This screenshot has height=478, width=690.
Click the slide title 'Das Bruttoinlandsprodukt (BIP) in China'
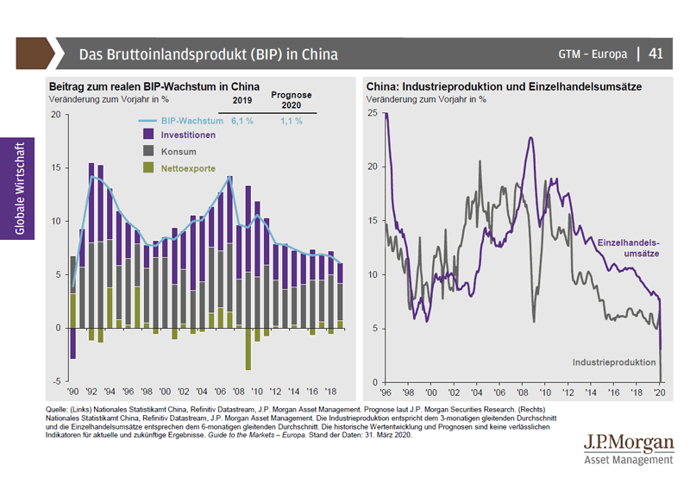pos(208,54)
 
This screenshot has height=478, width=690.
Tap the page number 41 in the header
pos(655,53)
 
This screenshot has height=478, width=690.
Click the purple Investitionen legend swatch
pos(147,135)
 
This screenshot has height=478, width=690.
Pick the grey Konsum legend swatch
pos(147,151)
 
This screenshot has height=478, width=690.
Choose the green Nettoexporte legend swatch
pos(147,167)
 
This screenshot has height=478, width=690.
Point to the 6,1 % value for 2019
pos(241,121)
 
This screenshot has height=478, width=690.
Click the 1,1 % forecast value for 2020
pos(292,121)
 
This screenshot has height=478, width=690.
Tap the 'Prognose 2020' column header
pos(292,100)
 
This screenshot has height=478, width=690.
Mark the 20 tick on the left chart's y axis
pos(56,114)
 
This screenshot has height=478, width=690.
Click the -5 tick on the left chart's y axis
pos(56,381)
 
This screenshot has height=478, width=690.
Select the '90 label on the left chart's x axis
pos(72,391)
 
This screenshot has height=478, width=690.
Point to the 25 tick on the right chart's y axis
pos(372,113)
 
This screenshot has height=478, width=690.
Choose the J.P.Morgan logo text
pos(629,443)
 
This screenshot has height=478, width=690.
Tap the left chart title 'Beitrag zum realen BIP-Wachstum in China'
pos(154,87)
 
